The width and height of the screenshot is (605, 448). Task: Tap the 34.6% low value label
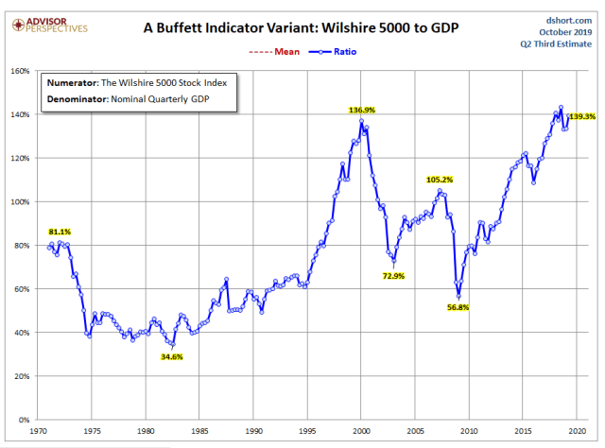click(x=171, y=356)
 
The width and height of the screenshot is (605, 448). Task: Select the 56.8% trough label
click(x=458, y=307)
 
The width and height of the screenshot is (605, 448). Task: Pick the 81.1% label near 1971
click(x=60, y=232)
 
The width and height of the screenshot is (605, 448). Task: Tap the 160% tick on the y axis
click(x=19, y=71)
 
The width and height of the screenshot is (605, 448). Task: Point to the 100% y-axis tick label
click(x=19, y=202)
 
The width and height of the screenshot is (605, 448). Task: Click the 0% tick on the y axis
click(x=25, y=421)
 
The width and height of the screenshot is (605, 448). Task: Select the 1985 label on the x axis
click(x=199, y=431)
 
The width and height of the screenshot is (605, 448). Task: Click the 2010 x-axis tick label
click(x=465, y=431)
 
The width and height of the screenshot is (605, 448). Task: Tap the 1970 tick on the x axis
click(x=39, y=431)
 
